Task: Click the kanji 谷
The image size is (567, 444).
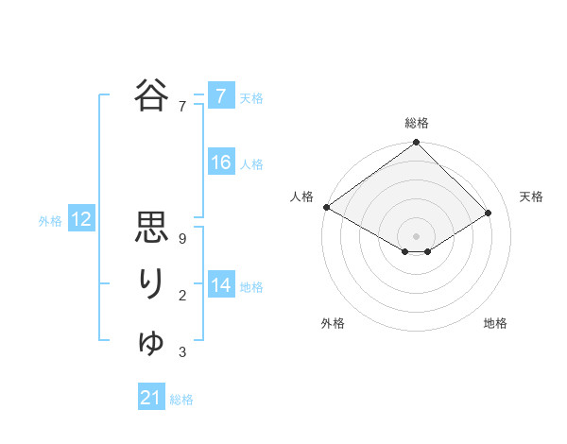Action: [152, 95]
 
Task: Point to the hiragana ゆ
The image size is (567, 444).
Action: [152, 341]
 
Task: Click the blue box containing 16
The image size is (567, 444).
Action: [221, 162]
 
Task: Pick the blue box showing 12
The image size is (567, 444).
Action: [81, 220]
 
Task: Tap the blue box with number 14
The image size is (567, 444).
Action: [221, 285]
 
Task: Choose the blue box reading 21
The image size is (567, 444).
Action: [151, 398]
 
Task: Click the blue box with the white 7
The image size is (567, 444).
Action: [221, 95]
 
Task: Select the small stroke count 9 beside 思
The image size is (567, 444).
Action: [181, 240]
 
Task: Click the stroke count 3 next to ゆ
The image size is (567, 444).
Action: [181, 353]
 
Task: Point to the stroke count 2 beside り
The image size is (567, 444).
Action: [181, 297]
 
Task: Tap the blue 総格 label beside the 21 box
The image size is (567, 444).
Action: [181, 400]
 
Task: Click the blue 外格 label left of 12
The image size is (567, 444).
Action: [50, 221]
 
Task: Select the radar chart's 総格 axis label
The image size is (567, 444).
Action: [417, 123]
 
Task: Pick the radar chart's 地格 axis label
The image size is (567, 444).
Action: [495, 324]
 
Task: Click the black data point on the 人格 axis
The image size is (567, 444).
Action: [326, 207]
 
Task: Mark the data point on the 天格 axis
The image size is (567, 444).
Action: [489, 213]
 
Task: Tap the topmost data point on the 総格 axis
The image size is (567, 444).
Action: [417, 144]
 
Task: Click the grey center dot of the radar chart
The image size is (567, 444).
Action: [417, 235]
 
